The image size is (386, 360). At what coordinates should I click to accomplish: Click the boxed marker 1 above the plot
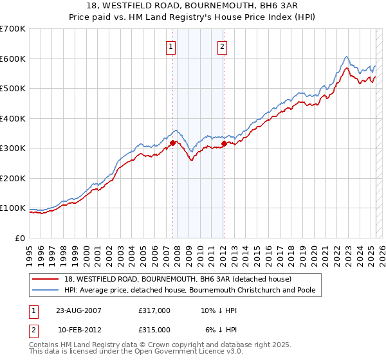coord(171,46)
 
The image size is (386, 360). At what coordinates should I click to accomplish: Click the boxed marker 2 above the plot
coord(222,46)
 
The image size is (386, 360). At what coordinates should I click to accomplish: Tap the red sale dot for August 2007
coord(173,143)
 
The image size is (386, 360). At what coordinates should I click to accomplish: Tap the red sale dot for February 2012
coord(224,143)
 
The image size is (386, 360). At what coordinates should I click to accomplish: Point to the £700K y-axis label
coord(13,29)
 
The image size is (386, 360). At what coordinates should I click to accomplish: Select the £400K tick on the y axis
coord(13,118)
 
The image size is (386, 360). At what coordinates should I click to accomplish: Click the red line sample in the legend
coord(46,279)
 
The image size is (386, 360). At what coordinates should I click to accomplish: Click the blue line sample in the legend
coord(46,291)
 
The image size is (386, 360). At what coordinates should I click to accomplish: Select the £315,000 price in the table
coord(154,329)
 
